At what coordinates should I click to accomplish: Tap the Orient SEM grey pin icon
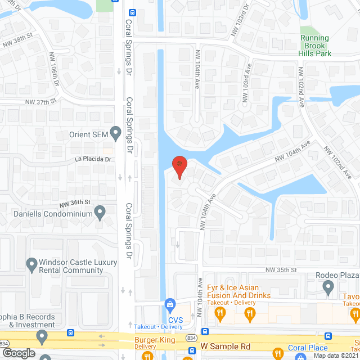pyautogui.click(x=116, y=134)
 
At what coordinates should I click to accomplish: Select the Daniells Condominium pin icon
pyautogui.click(x=100, y=213)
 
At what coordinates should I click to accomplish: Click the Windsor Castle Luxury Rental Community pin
pyautogui.click(x=31, y=263)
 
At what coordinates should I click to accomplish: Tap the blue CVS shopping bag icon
pyautogui.click(x=169, y=304)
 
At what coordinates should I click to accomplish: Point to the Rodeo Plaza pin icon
pyautogui.click(x=329, y=288)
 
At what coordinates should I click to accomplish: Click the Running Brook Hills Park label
pyautogui.click(x=315, y=46)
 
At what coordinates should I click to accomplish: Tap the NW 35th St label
pyautogui.click(x=281, y=271)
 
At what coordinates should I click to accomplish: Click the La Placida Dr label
pyautogui.click(x=93, y=159)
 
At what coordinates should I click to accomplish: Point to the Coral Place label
pyautogui.click(x=308, y=348)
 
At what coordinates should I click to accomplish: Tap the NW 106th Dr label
pyautogui.click(x=56, y=72)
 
